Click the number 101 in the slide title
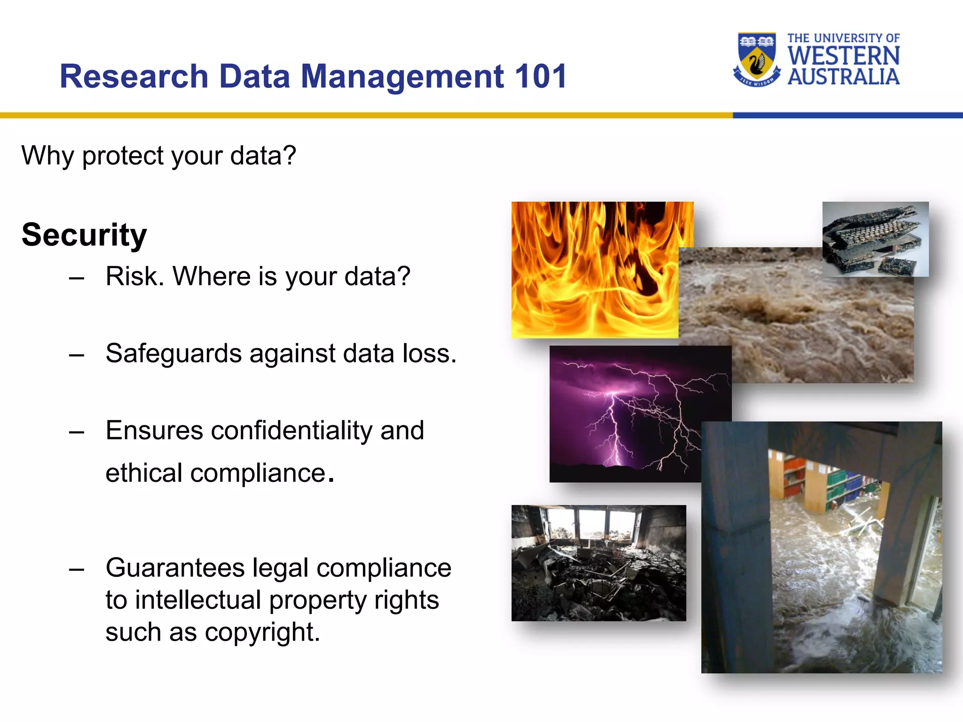pyautogui.click(x=541, y=77)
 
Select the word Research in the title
pyautogui.click(x=134, y=77)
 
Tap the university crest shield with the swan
pyautogui.click(x=757, y=59)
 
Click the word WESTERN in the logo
pyautogui.click(x=844, y=56)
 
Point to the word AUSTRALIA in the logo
pyautogui.click(x=844, y=77)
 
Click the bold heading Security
pyautogui.click(x=84, y=235)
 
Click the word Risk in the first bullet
pyautogui.click(x=134, y=276)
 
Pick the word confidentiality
pyautogui.click(x=292, y=430)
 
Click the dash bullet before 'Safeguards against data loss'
pyautogui.click(x=76, y=355)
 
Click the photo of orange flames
pyautogui.click(x=595, y=269)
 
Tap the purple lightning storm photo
pyautogui.click(x=625, y=414)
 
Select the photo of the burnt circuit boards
pyautogui.click(x=875, y=239)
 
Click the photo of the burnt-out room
pyautogui.click(x=599, y=563)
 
